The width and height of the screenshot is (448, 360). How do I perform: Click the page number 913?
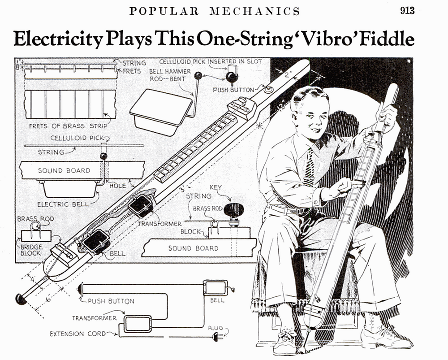pyautogui.click(x=407, y=11)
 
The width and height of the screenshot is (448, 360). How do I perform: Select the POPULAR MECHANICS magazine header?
pyautogui.click(x=215, y=11)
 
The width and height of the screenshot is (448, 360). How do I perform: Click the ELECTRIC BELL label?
pyautogui.click(x=59, y=204)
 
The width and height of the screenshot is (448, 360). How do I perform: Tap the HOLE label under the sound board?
pyautogui.click(x=117, y=185)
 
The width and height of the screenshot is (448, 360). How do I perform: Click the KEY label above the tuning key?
pyautogui.click(x=215, y=188)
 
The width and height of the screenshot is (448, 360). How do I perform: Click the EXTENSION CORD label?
pyautogui.click(x=78, y=334)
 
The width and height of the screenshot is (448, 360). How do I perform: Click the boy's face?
pyautogui.click(x=309, y=113)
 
